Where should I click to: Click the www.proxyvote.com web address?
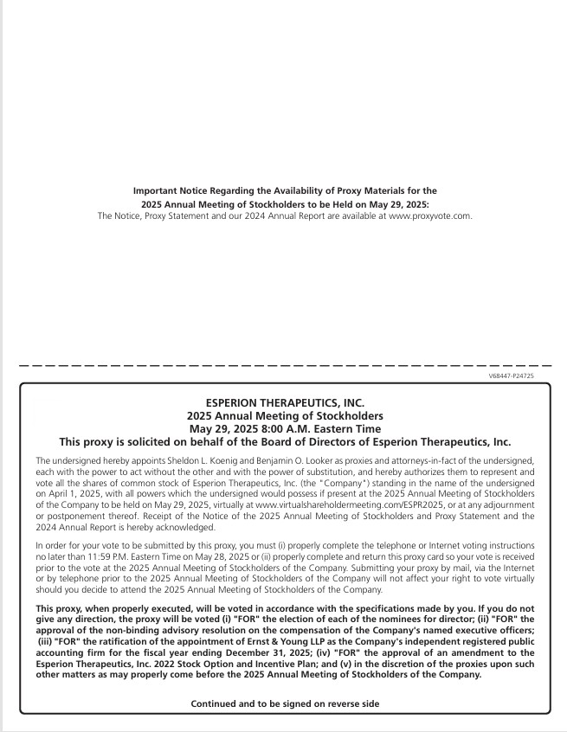[429, 215]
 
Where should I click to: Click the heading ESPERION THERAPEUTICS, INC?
[285, 402]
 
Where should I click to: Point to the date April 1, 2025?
[65, 491]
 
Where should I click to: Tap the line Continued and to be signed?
[285, 704]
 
